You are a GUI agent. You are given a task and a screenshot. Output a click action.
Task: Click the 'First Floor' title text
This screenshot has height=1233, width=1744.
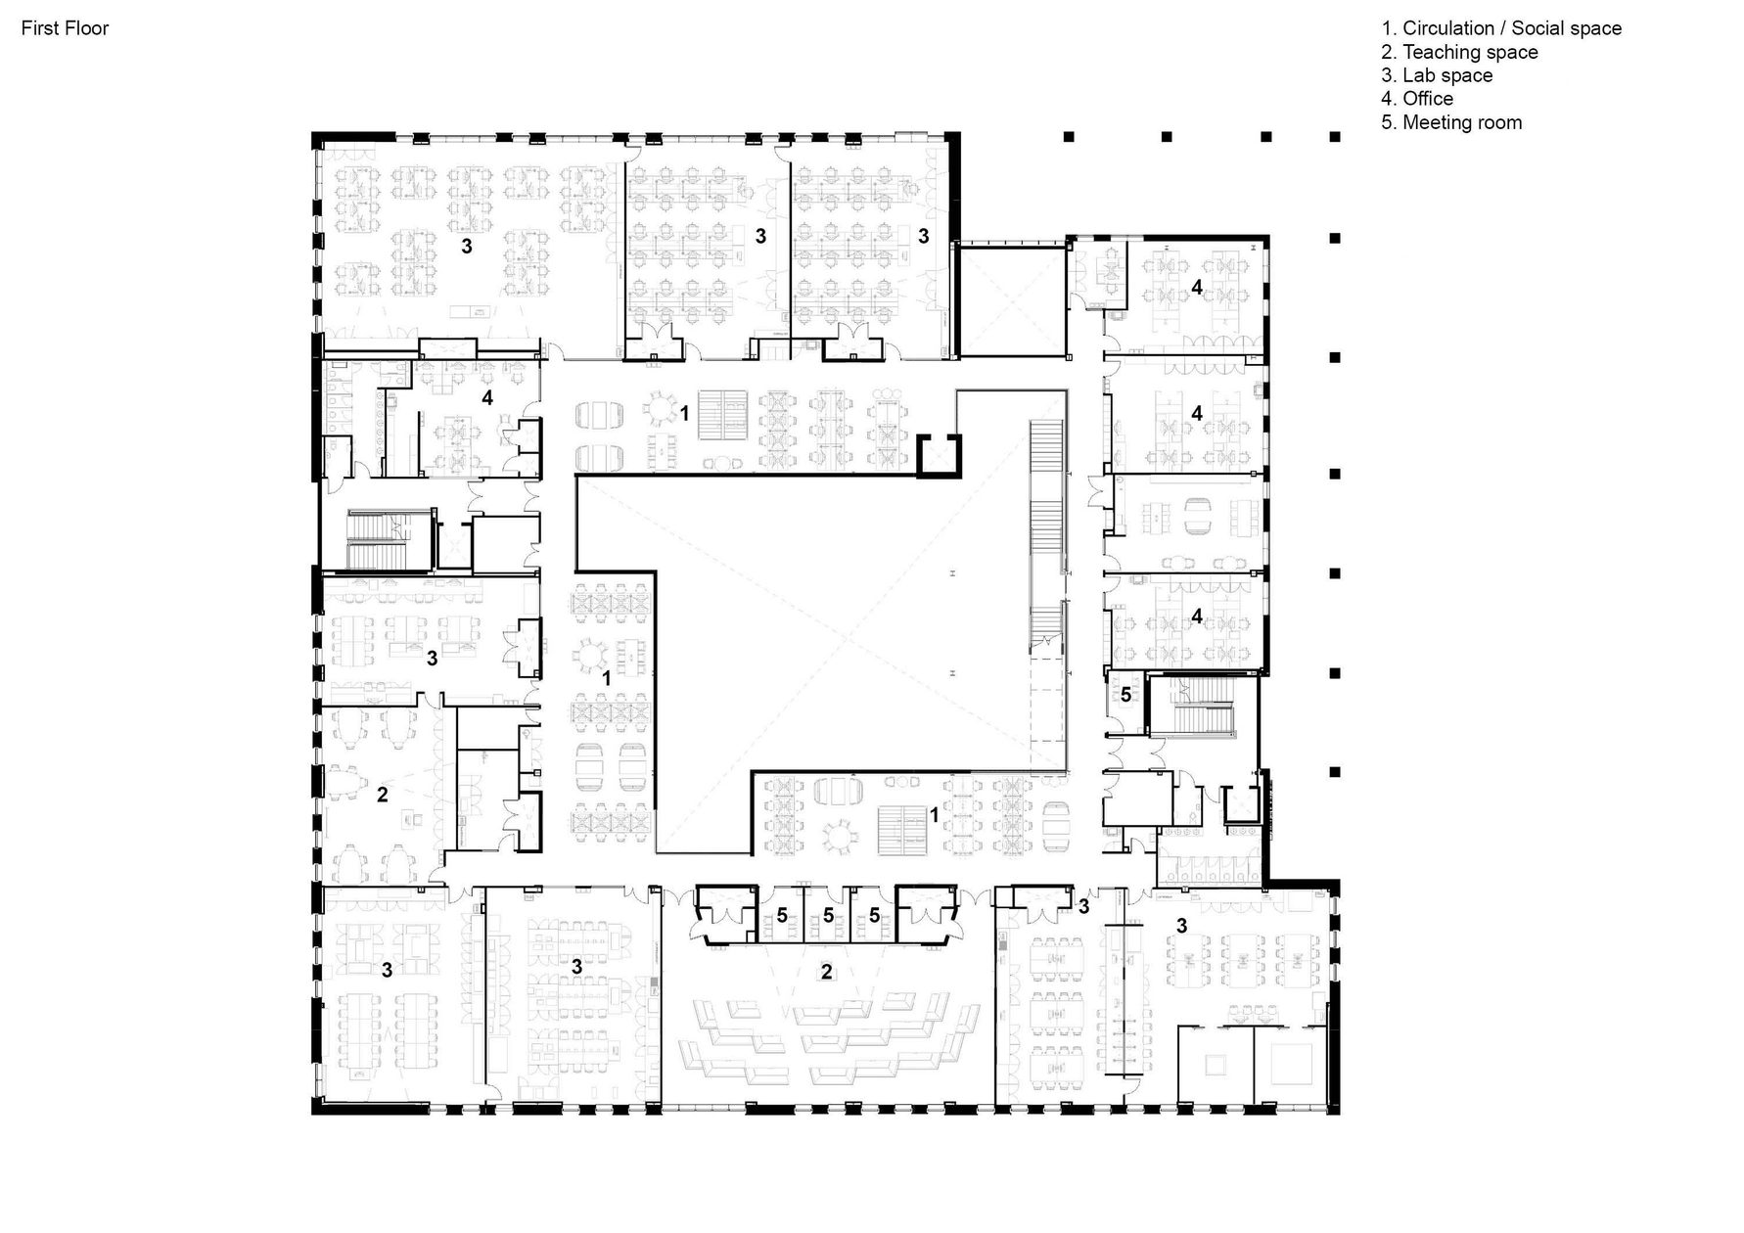[x=65, y=28]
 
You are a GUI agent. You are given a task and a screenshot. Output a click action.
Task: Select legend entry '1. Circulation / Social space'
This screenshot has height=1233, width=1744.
[x=1500, y=28]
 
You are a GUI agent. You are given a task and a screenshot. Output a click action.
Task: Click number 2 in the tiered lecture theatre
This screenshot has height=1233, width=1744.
[x=827, y=972]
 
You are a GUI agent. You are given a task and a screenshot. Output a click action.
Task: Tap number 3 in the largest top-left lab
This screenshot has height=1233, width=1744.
[x=467, y=247]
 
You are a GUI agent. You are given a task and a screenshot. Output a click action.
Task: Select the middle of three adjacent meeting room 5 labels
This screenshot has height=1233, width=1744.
[x=828, y=916]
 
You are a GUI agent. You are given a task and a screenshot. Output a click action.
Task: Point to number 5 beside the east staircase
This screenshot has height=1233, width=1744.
[x=1125, y=695]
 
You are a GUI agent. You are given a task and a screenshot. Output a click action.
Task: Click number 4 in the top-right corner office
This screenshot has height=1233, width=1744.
[x=1196, y=287]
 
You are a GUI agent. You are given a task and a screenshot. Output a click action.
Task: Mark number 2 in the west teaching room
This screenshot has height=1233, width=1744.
[x=383, y=795]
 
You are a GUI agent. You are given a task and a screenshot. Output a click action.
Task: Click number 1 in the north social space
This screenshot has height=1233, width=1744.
[x=685, y=414]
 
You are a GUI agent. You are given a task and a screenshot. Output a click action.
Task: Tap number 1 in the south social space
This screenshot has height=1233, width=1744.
[x=934, y=815]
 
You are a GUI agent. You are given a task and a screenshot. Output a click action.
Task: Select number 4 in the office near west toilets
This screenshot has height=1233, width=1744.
[x=486, y=397]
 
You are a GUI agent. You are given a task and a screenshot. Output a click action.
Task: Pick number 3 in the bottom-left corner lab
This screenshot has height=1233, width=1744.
[x=388, y=970]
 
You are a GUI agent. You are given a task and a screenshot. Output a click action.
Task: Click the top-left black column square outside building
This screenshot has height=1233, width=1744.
[x=1070, y=137]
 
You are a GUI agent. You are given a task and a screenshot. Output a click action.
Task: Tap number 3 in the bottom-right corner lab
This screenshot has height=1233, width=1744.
[x=1181, y=926]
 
